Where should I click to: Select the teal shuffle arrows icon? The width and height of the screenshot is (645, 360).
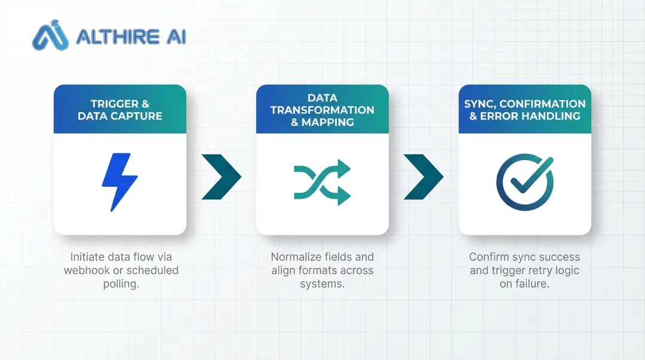tap(322, 182)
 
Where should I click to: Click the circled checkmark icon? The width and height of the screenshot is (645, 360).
tap(525, 181)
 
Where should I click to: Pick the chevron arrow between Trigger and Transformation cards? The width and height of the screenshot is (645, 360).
tap(221, 177)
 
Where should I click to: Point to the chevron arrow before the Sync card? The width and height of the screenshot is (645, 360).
tap(423, 177)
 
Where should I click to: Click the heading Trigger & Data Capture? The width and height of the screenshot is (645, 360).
tap(119, 110)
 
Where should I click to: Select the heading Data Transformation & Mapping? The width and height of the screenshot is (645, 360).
tap(322, 110)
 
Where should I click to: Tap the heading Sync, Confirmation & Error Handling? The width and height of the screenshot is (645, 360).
tap(525, 110)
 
